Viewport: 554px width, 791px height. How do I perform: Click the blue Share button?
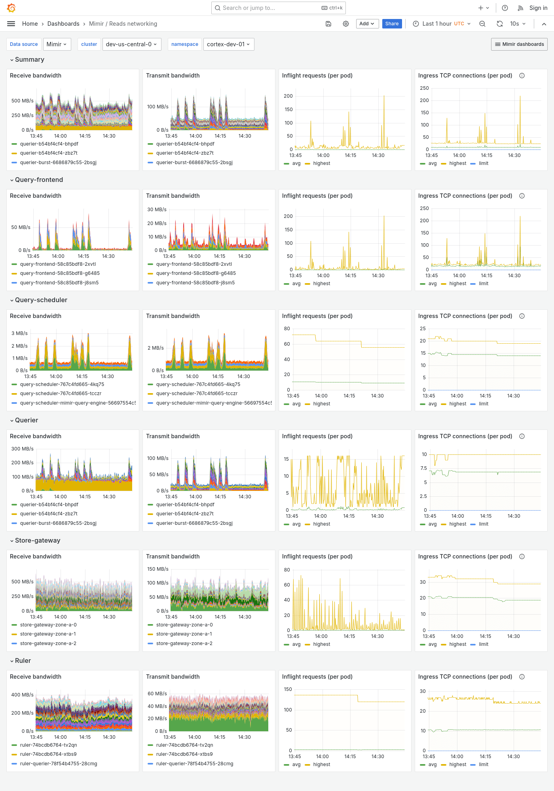392,24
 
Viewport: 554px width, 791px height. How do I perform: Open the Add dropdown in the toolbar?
367,24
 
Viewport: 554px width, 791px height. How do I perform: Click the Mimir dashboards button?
519,44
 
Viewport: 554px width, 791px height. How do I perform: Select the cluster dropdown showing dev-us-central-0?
131,44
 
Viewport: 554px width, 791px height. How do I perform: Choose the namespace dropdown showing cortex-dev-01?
228,44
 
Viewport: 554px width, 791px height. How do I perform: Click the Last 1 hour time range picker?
442,24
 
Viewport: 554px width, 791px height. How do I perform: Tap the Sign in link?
538,8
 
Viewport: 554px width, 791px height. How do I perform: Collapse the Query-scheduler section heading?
41,300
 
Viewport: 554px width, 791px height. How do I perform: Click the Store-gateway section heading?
38,540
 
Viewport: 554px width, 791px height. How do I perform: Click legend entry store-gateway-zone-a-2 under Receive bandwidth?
48,643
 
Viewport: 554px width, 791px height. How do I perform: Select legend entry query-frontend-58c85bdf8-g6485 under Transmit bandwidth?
196,273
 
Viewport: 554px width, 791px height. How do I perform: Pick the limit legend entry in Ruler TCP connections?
483,765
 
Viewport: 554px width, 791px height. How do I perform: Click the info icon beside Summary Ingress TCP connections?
522,76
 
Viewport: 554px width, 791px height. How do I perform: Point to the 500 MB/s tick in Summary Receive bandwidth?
22,101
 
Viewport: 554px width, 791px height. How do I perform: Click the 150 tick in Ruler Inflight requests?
288,689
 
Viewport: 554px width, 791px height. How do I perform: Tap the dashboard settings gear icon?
346,24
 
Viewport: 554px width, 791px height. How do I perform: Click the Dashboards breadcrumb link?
63,24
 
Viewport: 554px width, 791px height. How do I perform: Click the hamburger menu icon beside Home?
11,24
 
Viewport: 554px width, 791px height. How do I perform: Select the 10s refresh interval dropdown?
518,24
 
